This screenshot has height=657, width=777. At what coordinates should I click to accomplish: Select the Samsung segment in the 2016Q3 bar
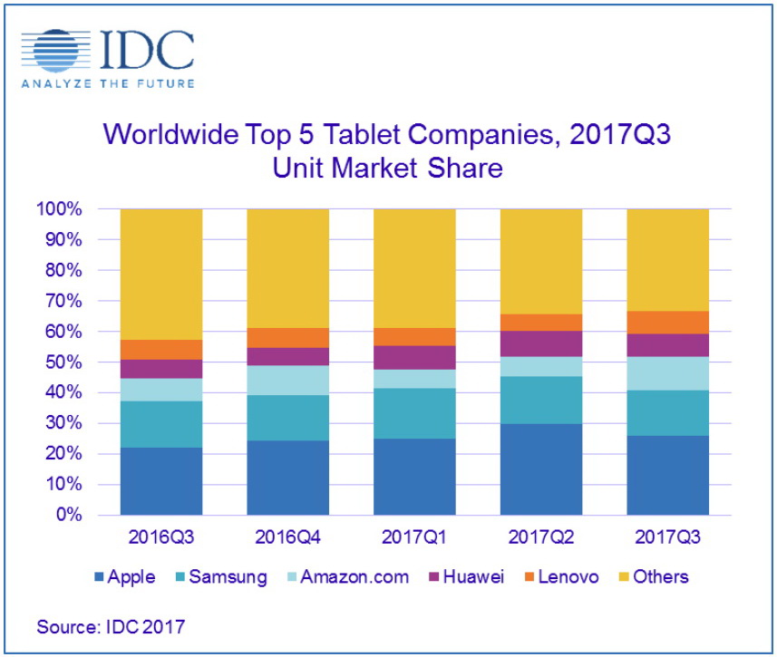click(161, 424)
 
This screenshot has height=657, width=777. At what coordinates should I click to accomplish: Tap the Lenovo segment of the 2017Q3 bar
click(668, 323)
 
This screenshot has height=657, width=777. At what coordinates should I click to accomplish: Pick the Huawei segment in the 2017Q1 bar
click(414, 357)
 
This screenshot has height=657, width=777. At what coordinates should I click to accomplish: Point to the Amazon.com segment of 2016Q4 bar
click(288, 380)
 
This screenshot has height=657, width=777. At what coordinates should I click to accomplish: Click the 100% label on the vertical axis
click(59, 209)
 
